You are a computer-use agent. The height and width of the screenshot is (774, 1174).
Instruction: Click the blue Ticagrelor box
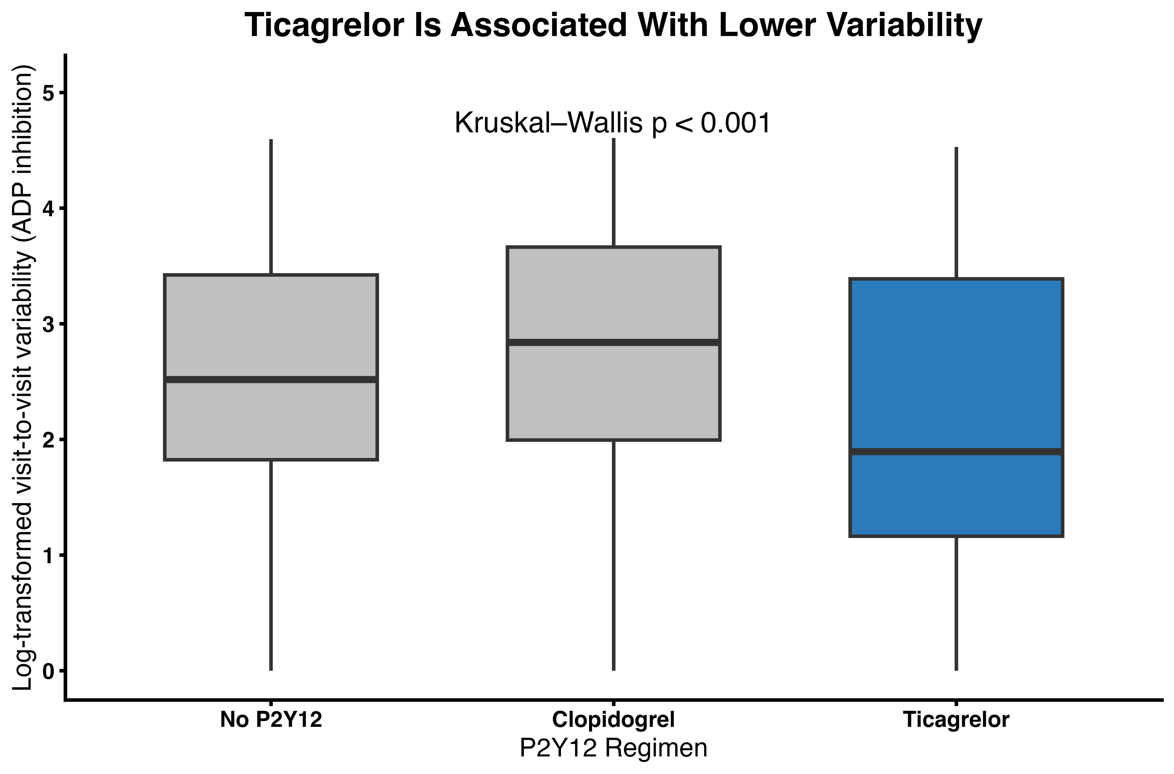956,407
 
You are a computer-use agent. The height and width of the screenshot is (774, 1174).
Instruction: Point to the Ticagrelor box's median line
956,452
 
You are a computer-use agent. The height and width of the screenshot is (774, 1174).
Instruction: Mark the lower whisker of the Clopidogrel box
613,555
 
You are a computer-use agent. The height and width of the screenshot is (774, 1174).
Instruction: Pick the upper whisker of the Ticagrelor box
956,213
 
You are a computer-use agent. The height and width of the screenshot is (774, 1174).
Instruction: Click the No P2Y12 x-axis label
271,720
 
